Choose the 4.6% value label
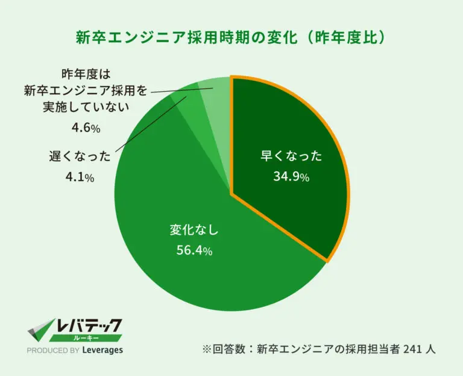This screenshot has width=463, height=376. [x=86, y=128]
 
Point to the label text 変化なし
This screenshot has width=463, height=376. [x=194, y=230]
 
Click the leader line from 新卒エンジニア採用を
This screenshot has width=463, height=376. [x=181, y=90]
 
